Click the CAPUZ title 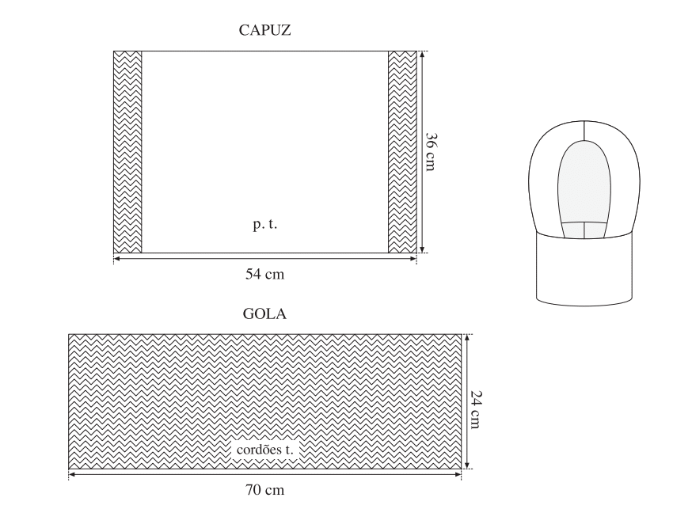[x=264, y=30]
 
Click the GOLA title [x=264, y=313]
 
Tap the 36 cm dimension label [x=431, y=151]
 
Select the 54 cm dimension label [x=264, y=274]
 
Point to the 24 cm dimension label [x=476, y=409]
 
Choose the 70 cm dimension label [x=264, y=490]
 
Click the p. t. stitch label [x=265, y=225]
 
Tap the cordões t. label [x=264, y=450]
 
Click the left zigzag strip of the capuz [x=127, y=152]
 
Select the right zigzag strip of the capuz [x=402, y=152]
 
